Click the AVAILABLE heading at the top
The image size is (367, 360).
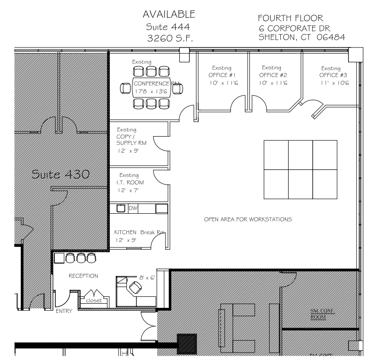(169, 14)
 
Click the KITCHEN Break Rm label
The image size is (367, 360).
(139, 232)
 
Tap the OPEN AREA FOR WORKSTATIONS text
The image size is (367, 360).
(247, 219)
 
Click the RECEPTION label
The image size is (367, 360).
(83, 276)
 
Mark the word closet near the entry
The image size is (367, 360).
(94, 300)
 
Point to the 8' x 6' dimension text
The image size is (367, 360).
(147, 277)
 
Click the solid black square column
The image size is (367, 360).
(187, 343)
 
